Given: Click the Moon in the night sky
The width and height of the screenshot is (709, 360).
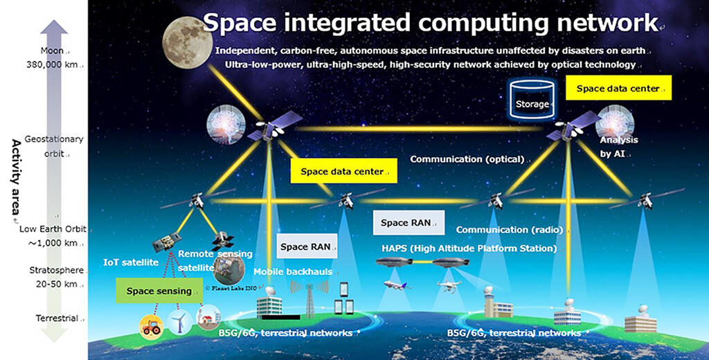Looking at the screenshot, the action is click(x=188, y=42).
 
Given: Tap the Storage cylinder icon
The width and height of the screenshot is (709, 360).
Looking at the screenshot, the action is click(x=532, y=100).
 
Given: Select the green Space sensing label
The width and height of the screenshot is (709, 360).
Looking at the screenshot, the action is click(x=159, y=291).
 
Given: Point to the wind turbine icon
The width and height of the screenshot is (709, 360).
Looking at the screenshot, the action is click(x=180, y=322).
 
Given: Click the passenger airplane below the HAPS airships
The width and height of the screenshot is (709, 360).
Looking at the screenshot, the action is click(x=397, y=285).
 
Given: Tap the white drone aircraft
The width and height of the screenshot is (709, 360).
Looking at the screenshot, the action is click(x=449, y=285).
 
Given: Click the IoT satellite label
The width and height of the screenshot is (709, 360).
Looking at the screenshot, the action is click(x=131, y=262).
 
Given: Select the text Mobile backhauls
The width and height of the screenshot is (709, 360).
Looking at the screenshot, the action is click(x=293, y=272).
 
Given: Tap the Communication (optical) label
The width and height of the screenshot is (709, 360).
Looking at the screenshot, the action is click(x=467, y=159).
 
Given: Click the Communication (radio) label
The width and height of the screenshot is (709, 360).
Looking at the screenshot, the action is click(x=510, y=230).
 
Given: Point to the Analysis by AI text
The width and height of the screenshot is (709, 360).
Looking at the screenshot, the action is click(x=618, y=147).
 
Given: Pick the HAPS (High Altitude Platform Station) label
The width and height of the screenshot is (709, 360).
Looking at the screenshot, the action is click(x=469, y=249).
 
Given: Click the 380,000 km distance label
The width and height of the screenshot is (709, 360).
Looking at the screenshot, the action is click(x=53, y=64).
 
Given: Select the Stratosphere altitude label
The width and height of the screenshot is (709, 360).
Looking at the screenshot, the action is click(x=57, y=271).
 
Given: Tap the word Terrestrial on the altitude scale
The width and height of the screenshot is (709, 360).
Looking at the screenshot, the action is click(x=57, y=318).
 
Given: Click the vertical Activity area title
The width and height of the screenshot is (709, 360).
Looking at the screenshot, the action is click(x=16, y=181).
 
